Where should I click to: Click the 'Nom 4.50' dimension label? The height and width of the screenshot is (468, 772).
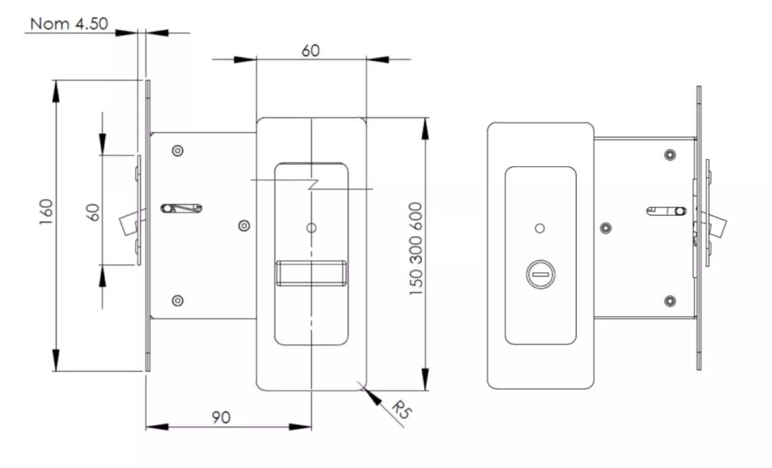[x=69, y=24]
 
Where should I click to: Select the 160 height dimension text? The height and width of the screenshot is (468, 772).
[x=46, y=212]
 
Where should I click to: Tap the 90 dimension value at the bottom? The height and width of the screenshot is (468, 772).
[x=221, y=417]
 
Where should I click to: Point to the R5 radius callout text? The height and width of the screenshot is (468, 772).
[x=402, y=409]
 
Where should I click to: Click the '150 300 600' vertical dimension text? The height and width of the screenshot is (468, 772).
[x=416, y=249]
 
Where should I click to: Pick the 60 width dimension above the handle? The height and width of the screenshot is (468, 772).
[x=311, y=51]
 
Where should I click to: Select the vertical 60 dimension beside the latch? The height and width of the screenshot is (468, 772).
[x=93, y=213]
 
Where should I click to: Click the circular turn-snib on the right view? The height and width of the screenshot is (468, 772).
[x=540, y=275]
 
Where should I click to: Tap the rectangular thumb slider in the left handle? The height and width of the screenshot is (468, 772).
[x=311, y=274]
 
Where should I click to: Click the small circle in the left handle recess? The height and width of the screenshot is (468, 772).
[x=311, y=228]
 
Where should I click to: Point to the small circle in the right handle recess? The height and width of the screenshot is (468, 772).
[x=540, y=228]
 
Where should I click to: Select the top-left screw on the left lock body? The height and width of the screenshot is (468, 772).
[x=178, y=151]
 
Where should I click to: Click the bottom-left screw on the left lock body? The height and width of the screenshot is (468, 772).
[x=178, y=301]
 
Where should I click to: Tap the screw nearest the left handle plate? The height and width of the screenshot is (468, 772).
[x=244, y=226]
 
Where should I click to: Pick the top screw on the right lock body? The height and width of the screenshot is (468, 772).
[x=670, y=155]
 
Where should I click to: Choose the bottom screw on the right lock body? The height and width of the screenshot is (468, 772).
[x=670, y=301]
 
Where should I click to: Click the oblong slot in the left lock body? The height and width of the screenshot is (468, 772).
[x=181, y=209]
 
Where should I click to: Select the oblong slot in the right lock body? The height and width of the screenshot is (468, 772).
[x=666, y=211]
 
